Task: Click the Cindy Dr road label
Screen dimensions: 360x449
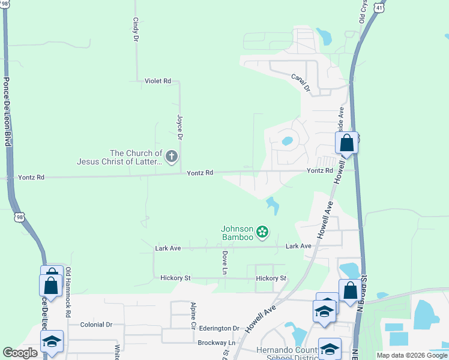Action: point(136,29)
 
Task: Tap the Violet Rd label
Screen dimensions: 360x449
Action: point(158,80)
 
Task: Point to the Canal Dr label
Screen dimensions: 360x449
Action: point(300,82)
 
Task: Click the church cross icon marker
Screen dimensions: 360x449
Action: point(172,157)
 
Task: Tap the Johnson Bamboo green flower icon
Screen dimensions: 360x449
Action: point(262,231)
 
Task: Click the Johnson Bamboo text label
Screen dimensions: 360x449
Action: point(238,233)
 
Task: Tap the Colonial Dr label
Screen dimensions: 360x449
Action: point(96,324)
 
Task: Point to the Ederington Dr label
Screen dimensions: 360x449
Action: point(220,328)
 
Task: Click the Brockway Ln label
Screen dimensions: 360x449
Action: point(217,343)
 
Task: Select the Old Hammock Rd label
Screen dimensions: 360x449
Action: point(68,292)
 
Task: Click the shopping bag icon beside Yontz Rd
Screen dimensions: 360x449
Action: point(346,143)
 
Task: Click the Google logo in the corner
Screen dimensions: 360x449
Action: point(20,353)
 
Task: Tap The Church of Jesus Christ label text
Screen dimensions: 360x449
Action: point(119,158)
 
